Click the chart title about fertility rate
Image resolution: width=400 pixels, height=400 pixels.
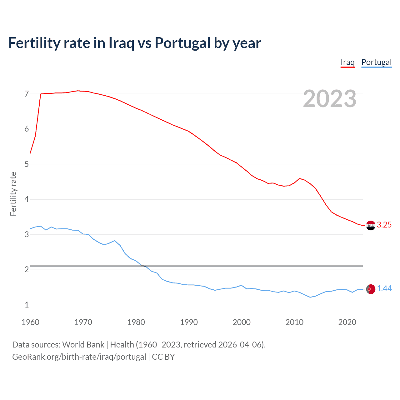pos(134,43)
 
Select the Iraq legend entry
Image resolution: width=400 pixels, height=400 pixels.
pos(347,62)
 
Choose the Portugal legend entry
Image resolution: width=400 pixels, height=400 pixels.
pos(376,62)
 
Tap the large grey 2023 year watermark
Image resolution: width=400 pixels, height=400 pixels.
pos(329,99)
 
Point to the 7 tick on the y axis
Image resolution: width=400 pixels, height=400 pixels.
pos(27,94)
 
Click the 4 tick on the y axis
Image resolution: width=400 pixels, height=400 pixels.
pos(27,199)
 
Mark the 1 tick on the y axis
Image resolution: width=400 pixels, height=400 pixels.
pos(27,305)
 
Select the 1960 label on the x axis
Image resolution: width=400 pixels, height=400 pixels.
pos(30,322)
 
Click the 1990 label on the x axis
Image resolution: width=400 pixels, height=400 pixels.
pos(189,322)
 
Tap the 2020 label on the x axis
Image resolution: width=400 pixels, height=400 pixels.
pos(347,322)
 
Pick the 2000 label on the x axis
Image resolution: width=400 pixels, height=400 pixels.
pos(242,322)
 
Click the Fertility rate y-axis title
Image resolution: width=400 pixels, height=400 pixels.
pos(13,194)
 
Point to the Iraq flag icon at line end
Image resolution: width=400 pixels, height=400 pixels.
pos(371,225)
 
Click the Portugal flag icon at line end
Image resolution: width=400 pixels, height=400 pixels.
pos(371,289)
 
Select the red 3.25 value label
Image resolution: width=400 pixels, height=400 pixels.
pos(384,225)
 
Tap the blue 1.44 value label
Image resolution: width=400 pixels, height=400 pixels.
pos(384,289)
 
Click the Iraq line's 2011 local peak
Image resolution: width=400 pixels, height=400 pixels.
pos(300,178)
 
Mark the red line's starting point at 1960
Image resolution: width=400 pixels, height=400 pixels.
pos(30,153)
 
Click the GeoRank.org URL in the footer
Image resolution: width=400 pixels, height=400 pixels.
pos(79,357)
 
